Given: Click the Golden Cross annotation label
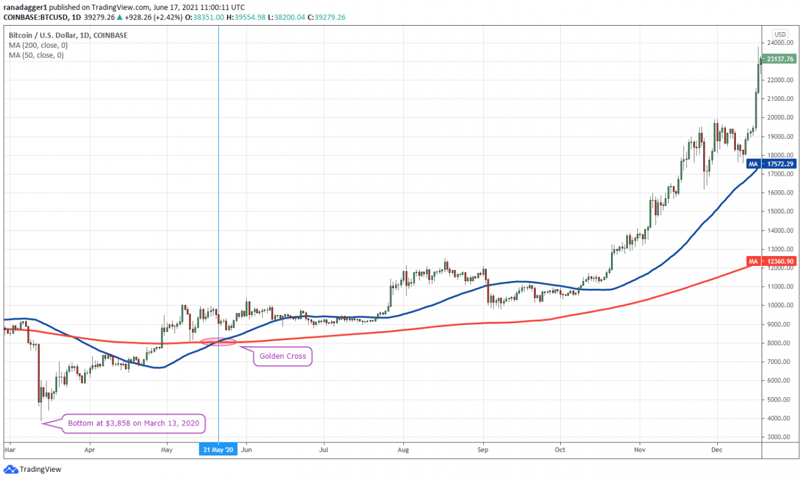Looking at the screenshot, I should tap(282, 356).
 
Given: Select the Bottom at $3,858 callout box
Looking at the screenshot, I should tap(133, 424).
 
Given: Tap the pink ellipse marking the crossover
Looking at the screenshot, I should tap(218, 341).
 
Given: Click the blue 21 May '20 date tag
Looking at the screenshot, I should tap(218, 450).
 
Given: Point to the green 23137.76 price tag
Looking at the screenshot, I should tap(780, 59).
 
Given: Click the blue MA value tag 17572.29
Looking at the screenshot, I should tap(780, 164).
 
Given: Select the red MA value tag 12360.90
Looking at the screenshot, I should tap(780, 261).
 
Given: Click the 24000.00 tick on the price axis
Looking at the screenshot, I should tap(781, 43).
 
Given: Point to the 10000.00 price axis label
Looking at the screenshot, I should tap(781, 306).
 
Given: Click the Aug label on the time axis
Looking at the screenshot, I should tap(403, 450).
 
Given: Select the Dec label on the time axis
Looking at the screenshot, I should tap(717, 450).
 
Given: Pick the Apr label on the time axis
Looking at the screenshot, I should tap(89, 450).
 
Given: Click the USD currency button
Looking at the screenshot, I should tap(780, 35).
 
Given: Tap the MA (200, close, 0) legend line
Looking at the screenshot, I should tap(36, 46).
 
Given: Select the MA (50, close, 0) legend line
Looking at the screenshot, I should tap(36, 55).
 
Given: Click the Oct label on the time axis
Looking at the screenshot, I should tap(560, 450).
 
